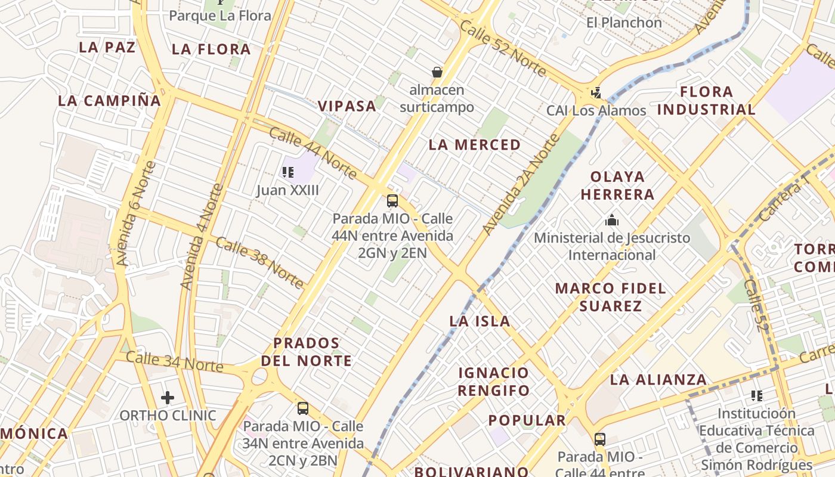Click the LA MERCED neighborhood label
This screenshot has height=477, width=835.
pos(475,145)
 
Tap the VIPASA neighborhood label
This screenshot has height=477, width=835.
pos(347,106)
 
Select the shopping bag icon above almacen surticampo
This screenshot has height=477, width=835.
pos(437,72)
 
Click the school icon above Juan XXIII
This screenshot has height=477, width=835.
pos(288,172)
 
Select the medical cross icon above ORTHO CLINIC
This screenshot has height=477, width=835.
pos(168,397)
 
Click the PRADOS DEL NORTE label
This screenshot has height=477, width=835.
pos(307,352)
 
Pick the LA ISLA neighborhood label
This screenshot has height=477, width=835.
pos(480,321)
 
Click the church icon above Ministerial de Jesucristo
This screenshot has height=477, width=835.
pos(611,220)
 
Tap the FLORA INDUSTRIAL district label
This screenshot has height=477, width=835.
pos(706,100)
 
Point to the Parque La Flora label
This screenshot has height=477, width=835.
pos(220,16)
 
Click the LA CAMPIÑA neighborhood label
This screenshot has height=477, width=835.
pos(110,101)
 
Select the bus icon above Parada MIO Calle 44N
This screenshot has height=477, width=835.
pos(392,200)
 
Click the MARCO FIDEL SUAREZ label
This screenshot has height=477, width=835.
pos(610,297)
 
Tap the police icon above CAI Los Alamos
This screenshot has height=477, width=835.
pos(596,92)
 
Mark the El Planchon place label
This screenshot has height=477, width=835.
pos(624,23)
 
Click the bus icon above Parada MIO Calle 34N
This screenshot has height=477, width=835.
pos(303,408)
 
